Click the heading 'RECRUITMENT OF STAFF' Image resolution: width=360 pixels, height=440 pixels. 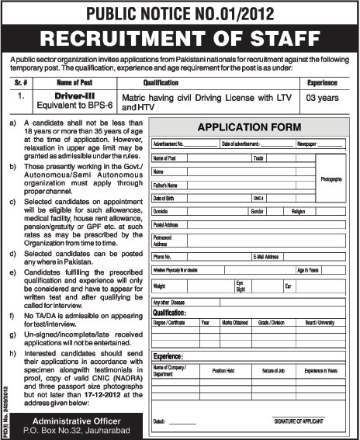pyautogui.click(x=180, y=38)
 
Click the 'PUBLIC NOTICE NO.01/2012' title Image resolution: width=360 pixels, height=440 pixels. pyautogui.click(x=180, y=12)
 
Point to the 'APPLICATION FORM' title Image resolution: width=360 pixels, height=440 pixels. pyautogui.click(x=250, y=126)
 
